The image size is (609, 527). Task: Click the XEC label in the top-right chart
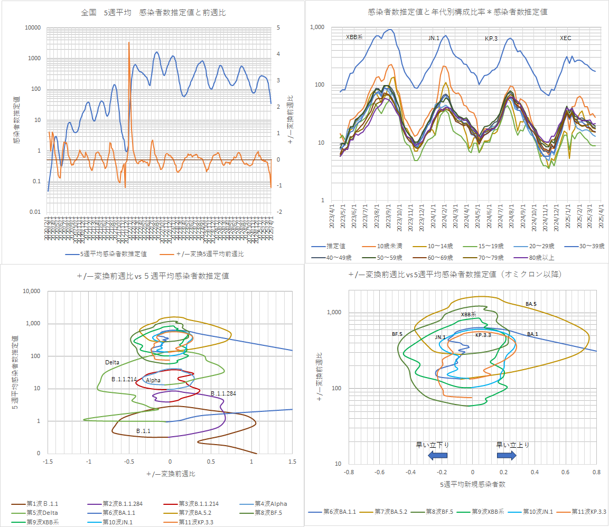click(x=566, y=38)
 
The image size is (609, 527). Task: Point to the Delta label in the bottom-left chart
click(x=113, y=362)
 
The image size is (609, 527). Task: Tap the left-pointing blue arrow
click(x=437, y=455)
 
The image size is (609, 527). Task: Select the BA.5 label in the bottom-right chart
click(x=531, y=304)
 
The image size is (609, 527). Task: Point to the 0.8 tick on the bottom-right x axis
click(x=597, y=472)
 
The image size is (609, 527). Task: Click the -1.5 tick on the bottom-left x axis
click(x=48, y=462)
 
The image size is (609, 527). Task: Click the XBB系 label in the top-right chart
click(x=354, y=37)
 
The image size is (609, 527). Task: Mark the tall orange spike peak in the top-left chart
click(x=129, y=42)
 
